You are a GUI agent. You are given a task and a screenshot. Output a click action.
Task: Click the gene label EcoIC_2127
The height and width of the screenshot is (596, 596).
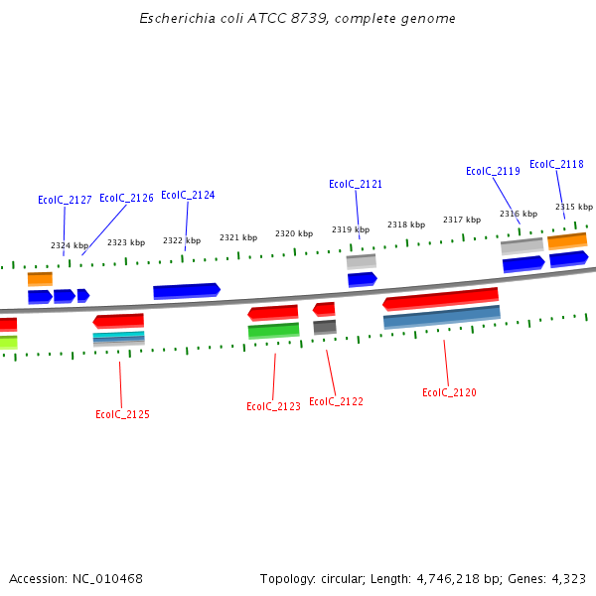click(65, 200)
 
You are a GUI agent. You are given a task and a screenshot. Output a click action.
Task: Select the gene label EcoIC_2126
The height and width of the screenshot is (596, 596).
click(126, 198)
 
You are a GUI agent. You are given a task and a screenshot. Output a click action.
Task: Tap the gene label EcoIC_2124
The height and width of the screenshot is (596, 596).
click(188, 195)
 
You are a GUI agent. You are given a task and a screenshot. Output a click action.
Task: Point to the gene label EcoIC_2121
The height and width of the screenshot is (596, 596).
click(356, 184)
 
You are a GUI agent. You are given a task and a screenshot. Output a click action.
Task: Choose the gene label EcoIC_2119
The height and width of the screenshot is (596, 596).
click(493, 171)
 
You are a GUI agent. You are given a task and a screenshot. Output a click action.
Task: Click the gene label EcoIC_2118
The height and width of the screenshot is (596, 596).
click(556, 164)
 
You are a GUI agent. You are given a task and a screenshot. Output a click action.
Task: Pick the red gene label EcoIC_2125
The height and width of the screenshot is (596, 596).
click(122, 414)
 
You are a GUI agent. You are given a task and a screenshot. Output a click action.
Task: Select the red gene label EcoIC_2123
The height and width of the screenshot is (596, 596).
click(273, 406)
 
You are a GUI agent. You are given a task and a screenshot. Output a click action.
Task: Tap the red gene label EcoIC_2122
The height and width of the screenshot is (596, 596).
click(336, 401)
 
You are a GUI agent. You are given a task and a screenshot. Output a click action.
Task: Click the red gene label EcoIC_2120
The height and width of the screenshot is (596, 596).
click(449, 392)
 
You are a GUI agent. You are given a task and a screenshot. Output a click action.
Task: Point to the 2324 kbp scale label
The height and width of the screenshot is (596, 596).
click(70, 245)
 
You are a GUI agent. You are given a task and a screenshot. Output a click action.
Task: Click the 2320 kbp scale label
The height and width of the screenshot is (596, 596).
click(294, 233)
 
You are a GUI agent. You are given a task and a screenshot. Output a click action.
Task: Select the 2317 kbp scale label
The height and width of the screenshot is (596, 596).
click(462, 220)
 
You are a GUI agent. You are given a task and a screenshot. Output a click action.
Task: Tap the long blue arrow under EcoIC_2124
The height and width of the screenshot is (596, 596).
click(186, 291)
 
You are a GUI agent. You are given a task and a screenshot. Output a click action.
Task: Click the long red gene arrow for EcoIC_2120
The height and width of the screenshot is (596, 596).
click(440, 298)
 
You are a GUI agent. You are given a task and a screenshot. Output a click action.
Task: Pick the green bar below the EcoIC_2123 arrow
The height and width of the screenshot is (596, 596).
click(273, 331)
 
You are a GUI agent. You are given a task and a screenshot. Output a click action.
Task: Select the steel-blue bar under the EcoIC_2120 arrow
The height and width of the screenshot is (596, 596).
click(441, 317)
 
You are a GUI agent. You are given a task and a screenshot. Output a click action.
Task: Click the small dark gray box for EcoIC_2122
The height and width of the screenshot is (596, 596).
click(325, 327)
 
